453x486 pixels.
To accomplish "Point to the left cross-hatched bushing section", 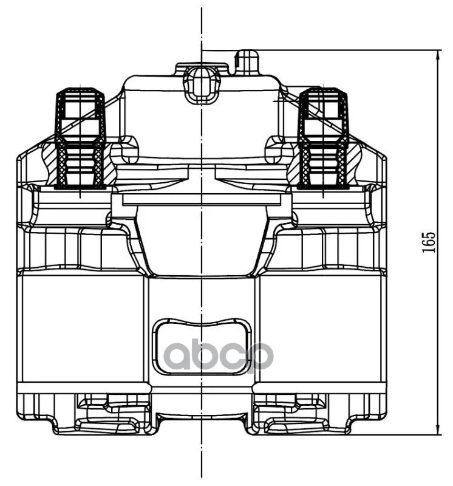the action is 80,166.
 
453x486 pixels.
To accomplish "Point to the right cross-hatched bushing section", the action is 323,166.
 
